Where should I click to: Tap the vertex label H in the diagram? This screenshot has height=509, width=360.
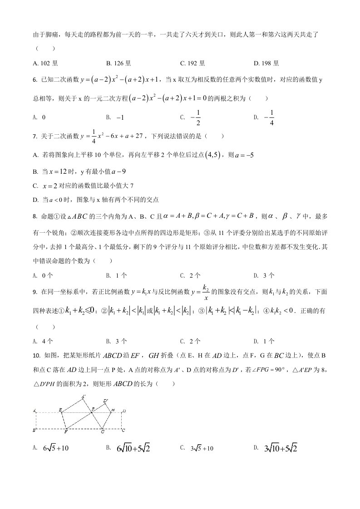pyautogui.click(x=113, y=410)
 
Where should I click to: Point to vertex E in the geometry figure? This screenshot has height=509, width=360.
pyautogui.click(x=61, y=410)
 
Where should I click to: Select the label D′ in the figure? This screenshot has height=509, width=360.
pyautogui.click(x=105, y=401)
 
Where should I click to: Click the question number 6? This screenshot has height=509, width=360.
pyautogui.click(x=35, y=80)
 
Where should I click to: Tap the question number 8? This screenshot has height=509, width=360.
pyautogui.click(x=35, y=216)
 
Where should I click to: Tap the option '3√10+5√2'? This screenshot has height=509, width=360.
pyautogui.click(x=280, y=449)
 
